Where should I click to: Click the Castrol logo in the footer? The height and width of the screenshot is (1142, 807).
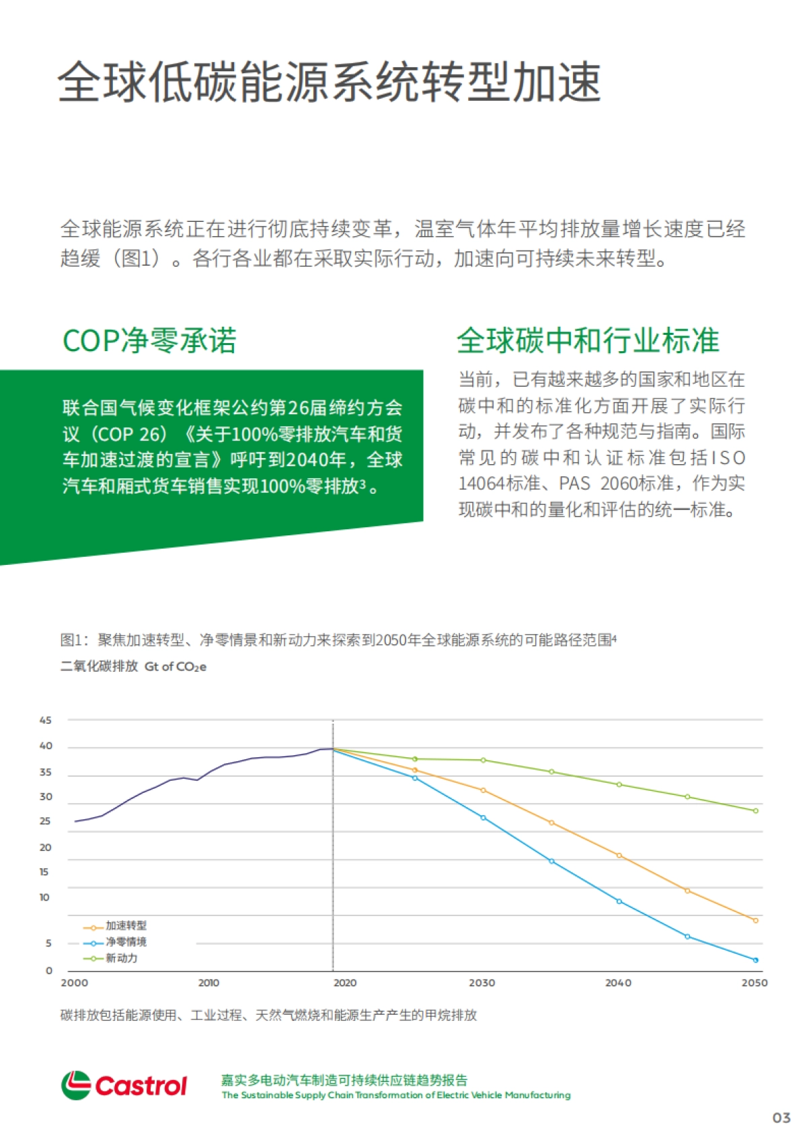[x=124, y=1085]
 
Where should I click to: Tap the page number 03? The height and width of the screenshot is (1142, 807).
[x=781, y=1118]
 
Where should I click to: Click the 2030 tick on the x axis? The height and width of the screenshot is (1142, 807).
[x=482, y=983]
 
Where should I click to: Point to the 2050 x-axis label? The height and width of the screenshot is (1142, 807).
[x=754, y=983]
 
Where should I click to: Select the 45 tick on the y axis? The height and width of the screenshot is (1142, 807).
[x=45, y=720]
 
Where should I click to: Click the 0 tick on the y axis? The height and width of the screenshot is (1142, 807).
[x=48, y=970]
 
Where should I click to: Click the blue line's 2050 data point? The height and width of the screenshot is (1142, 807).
[x=756, y=960]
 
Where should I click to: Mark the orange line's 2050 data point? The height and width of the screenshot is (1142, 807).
[x=756, y=921]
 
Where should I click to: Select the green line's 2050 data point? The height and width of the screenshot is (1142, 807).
[x=756, y=811]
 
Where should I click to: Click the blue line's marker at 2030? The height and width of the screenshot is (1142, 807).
[x=483, y=818]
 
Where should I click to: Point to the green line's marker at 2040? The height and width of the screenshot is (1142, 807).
[x=619, y=785]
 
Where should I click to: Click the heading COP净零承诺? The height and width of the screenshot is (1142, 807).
[x=149, y=340]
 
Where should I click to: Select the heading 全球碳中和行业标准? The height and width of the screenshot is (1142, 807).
[x=588, y=340]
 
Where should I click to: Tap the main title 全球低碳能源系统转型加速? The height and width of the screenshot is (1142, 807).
[x=329, y=82]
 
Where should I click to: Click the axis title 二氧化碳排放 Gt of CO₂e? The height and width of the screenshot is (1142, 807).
[x=133, y=667]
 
